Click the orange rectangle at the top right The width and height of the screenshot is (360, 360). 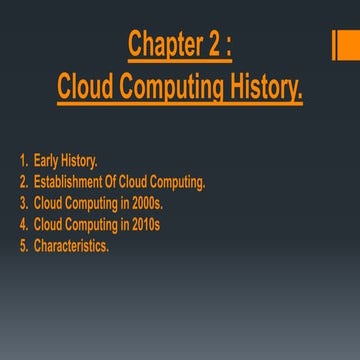tap(345, 44)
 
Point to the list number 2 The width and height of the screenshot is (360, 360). tap(21, 182)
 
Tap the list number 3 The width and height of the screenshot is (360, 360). tap(21, 203)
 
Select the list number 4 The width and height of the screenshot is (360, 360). tap(21, 224)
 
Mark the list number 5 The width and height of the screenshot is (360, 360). tap(21, 245)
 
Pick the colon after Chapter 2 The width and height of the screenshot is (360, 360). tap(229, 48)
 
